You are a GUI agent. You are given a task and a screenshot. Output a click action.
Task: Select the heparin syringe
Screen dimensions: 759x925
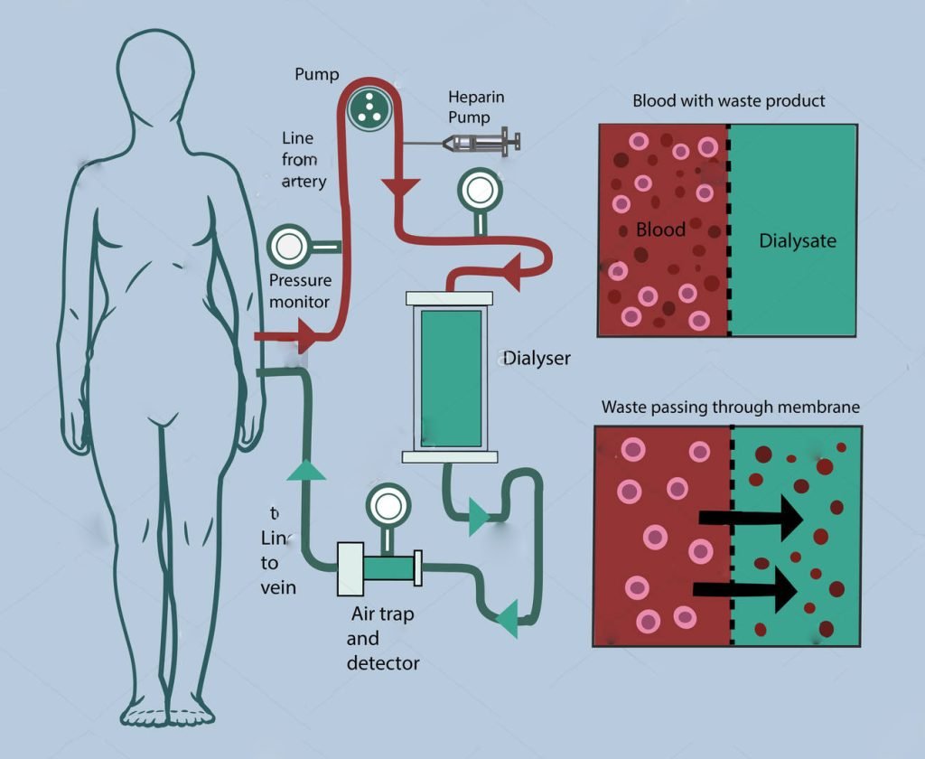point(482,142)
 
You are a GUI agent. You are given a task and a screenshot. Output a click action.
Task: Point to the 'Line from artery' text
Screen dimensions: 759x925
point(304,160)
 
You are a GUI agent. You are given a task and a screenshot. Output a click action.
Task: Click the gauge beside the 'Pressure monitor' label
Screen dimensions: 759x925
point(291,245)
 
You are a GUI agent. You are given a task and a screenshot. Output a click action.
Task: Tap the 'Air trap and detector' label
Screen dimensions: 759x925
point(383,639)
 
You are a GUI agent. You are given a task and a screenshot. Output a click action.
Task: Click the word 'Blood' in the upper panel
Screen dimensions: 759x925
point(660,230)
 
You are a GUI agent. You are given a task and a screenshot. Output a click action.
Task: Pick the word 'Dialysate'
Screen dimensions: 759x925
point(798,241)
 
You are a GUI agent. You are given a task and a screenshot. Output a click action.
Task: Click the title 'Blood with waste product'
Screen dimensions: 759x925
point(729,100)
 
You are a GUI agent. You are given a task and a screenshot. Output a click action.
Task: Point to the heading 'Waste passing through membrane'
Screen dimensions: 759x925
point(731,408)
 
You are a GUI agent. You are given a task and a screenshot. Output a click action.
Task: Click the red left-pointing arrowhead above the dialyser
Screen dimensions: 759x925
point(511,272)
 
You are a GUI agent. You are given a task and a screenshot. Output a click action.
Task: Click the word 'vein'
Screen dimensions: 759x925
point(278,588)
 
